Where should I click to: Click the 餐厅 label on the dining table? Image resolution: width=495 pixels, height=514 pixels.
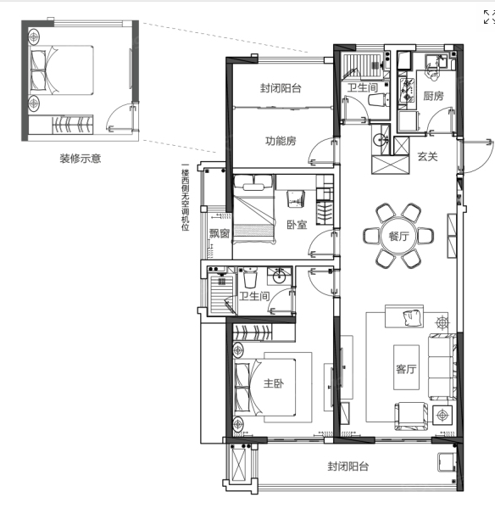click(x=398, y=236)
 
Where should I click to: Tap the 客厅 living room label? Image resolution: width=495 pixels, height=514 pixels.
click(x=406, y=369)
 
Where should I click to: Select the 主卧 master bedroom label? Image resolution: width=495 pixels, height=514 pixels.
click(x=274, y=383)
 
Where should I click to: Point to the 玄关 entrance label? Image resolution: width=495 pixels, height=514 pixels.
click(x=427, y=156)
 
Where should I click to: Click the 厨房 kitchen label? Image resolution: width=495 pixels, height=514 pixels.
click(x=433, y=96)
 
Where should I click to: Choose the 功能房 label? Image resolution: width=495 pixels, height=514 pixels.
click(x=281, y=141)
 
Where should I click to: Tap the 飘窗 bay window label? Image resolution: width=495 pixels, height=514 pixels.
click(x=220, y=233)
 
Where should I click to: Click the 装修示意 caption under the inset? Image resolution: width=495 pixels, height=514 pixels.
click(x=81, y=159)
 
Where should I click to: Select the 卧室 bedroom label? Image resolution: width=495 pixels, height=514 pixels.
click(x=297, y=225)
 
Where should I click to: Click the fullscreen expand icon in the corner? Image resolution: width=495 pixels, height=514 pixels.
click(x=489, y=17)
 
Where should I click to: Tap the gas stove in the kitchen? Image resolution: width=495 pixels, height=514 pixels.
click(x=407, y=90)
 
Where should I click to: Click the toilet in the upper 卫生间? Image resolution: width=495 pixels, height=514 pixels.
click(x=378, y=99)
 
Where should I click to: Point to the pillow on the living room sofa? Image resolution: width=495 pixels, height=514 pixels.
click(x=412, y=317)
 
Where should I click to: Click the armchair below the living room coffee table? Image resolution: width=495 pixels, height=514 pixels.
click(x=411, y=416)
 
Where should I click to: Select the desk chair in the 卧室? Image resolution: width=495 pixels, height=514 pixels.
click(x=296, y=199)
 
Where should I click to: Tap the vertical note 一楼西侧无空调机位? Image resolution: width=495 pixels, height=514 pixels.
click(x=186, y=198)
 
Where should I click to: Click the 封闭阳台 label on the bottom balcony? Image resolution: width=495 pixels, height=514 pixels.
click(x=348, y=467)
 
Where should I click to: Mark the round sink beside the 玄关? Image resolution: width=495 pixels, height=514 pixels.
click(x=380, y=140)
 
